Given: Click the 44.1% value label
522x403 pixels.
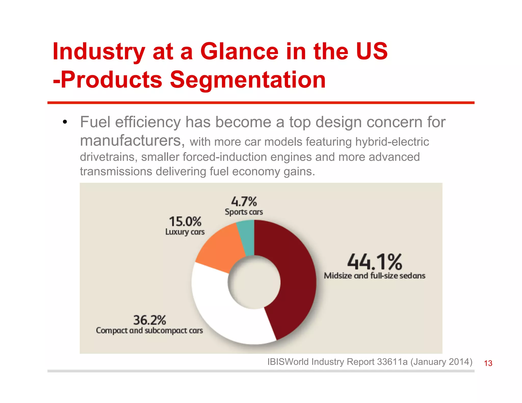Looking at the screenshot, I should pyautogui.click(x=374, y=262).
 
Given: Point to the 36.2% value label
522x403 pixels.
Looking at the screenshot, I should pyautogui.click(x=150, y=320).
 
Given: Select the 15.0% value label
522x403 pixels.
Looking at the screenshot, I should pyautogui.click(x=185, y=221).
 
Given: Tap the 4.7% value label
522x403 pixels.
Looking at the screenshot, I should pyautogui.click(x=244, y=201).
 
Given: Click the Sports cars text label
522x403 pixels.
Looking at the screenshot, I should pyautogui.click(x=244, y=212).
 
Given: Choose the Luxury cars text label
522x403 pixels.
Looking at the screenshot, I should pyautogui.click(x=185, y=232).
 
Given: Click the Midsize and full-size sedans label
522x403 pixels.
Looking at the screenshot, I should pyautogui.click(x=374, y=276).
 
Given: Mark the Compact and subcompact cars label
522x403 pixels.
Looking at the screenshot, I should pyautogui.click(x=149, y=330).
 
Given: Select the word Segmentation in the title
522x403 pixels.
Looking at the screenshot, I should pyautogui.click(x=248, y=80).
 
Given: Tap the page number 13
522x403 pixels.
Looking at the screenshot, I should pyautogui.click(x=488, y=363).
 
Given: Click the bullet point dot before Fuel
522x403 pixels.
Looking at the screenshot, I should pyautogui.click(x=65, y=122).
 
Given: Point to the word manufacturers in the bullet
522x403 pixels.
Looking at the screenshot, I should pyautogui.click(x=132, y=141).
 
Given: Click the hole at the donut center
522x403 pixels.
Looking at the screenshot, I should pyautogui.click(x=254, y=282).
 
